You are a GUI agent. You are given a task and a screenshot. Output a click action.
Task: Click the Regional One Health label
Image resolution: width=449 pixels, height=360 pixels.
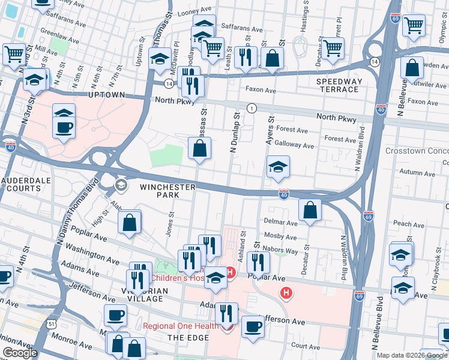tap(181, 326)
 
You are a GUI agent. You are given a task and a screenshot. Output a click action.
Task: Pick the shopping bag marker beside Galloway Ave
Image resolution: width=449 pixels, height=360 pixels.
tap(200, 148)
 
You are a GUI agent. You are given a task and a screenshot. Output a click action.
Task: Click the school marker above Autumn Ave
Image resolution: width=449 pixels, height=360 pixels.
tap(278, 167)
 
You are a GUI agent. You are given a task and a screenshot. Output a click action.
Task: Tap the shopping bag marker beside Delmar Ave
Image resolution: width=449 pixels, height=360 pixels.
tap(310, 210)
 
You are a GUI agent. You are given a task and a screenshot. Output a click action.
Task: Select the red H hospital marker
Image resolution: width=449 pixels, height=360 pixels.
tap(287, 293)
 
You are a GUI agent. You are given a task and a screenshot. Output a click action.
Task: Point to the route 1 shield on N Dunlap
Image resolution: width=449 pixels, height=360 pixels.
tap(252, 108)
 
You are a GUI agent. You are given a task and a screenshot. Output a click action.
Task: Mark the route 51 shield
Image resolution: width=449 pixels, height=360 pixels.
tap(36, 324)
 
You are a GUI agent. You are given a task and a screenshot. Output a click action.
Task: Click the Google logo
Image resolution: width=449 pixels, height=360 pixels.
tap(20, 353)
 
